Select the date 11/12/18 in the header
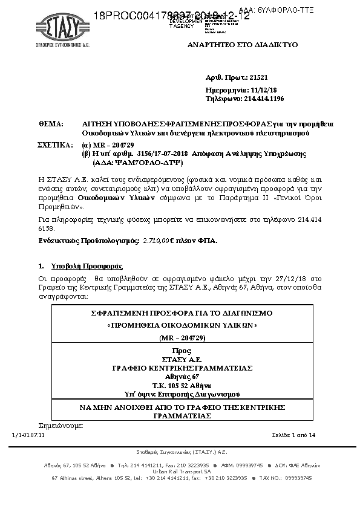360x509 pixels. (258, 89)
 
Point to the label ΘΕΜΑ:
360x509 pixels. (51, 123)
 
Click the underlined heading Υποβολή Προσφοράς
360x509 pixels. (87, 266)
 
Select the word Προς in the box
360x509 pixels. (182, 351)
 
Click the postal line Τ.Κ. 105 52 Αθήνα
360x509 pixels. (182, 384)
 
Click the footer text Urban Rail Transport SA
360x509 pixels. (182, 471)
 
